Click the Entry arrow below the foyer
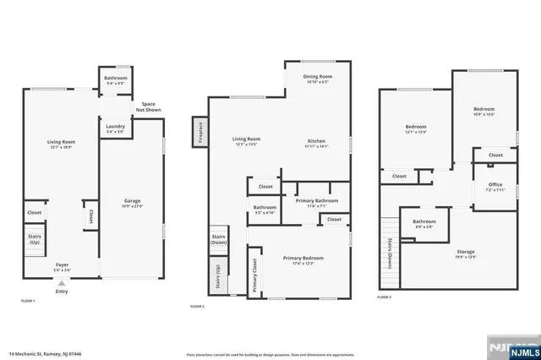[x=61, y=285]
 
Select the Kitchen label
[x=317, y=142]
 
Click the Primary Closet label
[x=254, y=275]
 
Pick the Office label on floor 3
[x=495, y=186]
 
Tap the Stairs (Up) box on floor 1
[x=36, y=240]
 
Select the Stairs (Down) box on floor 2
[x=218, y=239]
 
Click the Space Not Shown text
[x=148, y=106]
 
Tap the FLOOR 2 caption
[x=197, y=305]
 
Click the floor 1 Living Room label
[x=61, y=144]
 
